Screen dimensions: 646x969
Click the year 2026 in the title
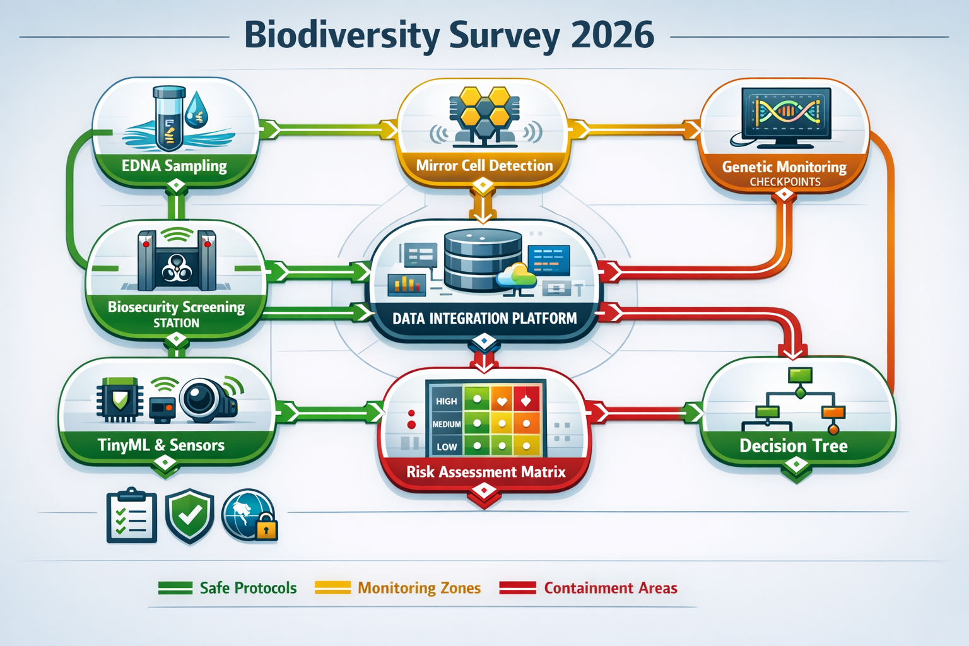pos(612,35)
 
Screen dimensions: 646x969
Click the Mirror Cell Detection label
pos(484,166)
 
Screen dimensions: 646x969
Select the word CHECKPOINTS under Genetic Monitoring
pos(785,182)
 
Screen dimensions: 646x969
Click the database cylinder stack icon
pos(483,260)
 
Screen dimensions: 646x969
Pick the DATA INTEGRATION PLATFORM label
pos(484,319)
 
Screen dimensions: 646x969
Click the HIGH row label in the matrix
pos(446,401)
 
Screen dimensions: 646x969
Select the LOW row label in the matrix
pos(446,447)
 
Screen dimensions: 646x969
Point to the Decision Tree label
pos(793,446)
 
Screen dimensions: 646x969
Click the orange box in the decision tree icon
pos(833,413)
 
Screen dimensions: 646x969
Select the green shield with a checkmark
pos(189,515)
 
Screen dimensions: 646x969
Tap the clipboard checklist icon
pos(131,515)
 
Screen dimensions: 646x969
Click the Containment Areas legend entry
pos(610,588)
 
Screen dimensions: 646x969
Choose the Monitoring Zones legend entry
pos(419,588)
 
